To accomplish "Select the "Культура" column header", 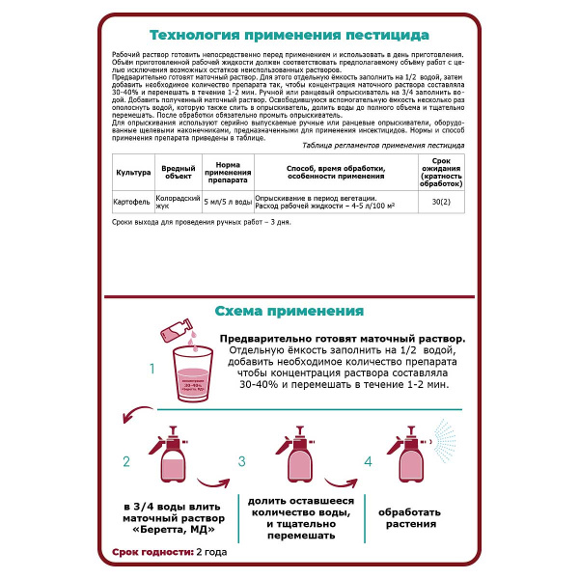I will tap(133, 200).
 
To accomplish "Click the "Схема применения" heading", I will tap(289, 311).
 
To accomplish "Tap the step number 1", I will tap(151, 369).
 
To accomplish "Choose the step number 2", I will tap(126, 462).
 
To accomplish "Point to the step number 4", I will tap(368, 462).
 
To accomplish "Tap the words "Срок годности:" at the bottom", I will tap(145, 552).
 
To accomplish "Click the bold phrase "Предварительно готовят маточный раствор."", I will tap(342, 340).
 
